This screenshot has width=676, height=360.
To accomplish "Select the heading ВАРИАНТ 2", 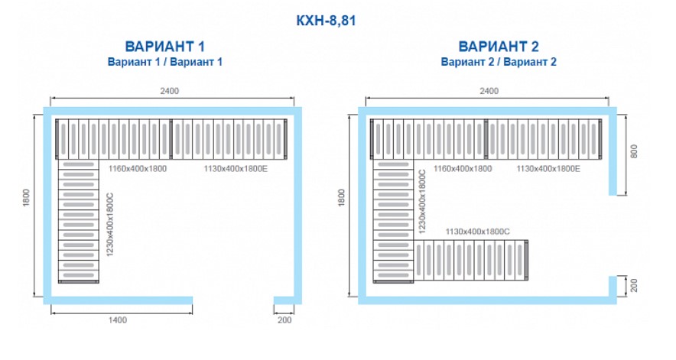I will tap(498, 46).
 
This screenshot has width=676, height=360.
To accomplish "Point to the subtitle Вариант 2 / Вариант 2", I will tap(498, 61).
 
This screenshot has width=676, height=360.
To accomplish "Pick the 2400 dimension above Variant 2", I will tap(489, 91).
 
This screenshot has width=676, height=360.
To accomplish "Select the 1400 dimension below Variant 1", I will tap(118, 320).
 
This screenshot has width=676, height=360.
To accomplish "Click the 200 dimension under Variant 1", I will tap(284, 320).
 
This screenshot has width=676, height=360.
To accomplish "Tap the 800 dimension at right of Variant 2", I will tap(632, 152).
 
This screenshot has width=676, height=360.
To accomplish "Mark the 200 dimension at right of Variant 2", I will tap(632, 286).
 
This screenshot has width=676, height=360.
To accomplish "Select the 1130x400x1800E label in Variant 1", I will tap(236, 167).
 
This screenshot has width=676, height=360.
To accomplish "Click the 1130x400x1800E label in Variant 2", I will tap(548, 167).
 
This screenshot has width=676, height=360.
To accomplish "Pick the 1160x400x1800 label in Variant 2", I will tap(463, 167).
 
